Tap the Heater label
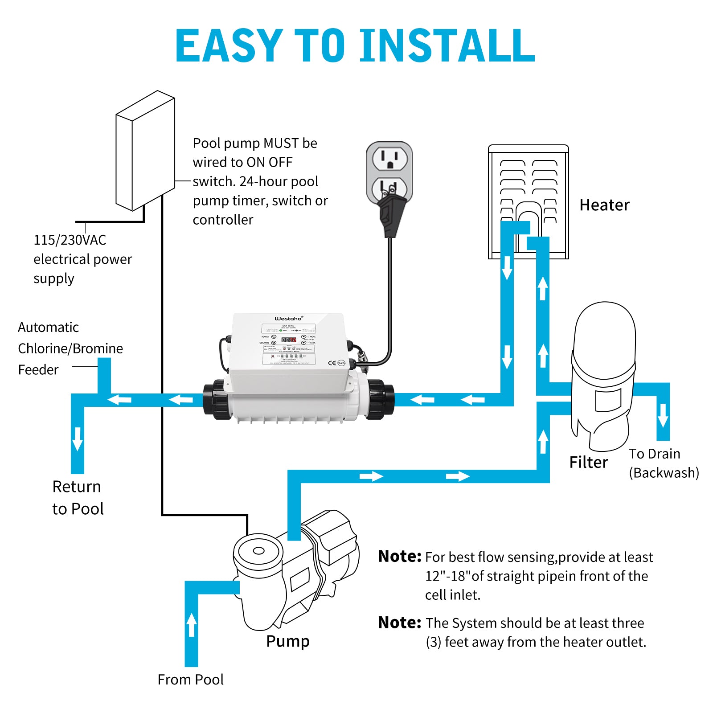(604, 205)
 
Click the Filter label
(588, 463)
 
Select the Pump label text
(288, 641)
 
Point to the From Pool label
(190, 680)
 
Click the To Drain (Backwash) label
(663, 463)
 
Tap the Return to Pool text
(78, 497)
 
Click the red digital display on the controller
(289, 340)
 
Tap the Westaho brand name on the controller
(288, 318)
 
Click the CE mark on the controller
(332, 363)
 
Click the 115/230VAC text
(70, 240)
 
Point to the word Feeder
(38, 370)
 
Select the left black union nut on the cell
(216, 400)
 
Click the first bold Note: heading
(399, 557)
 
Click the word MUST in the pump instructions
(281, 143)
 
